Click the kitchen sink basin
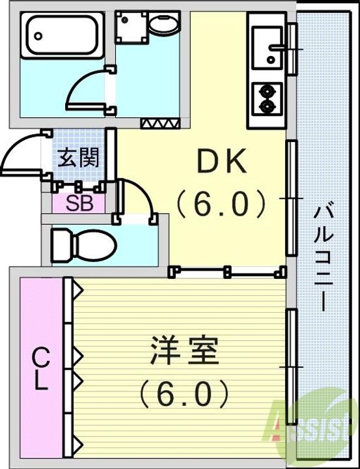(x=267, y=48)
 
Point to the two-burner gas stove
(x=266, y=98)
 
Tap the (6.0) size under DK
(x=221, y=204)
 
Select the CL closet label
(x=41, y=369)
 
